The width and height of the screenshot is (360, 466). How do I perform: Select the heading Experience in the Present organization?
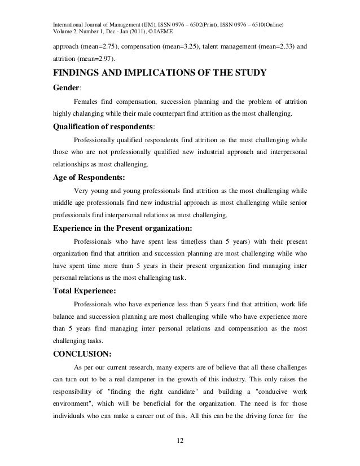[122, 228]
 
